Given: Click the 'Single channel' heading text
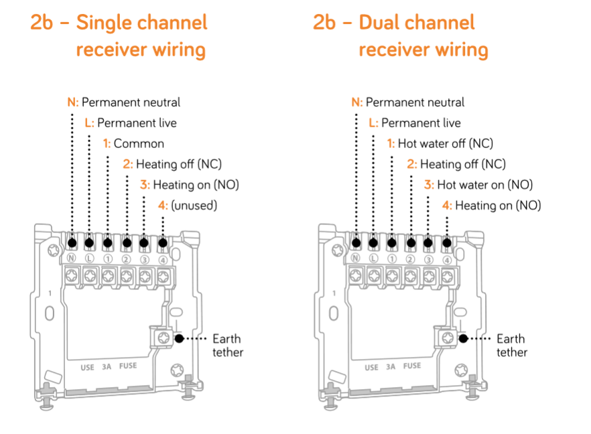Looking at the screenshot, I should pos(141,23).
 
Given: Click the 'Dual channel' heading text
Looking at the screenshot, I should pos(417,23).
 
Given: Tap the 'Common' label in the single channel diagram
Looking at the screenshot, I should pos(139,143).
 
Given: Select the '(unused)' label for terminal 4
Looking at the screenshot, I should pos(194,206).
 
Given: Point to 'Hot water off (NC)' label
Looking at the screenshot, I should pos(445,143).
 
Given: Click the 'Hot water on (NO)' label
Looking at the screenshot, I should pos(484,185).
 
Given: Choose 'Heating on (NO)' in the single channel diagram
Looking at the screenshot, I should pos(196,185).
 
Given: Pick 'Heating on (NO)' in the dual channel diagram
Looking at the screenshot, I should pos(498,206).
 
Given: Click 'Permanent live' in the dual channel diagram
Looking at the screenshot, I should pos(421,123).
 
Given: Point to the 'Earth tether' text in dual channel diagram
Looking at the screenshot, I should pos(511,346).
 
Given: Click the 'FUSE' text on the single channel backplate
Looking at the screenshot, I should pos(129,366).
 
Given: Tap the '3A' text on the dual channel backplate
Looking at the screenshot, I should pos(391,366).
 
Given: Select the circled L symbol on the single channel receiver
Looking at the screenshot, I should pos(89,259).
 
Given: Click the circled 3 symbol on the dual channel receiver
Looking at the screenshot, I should pos(428,259).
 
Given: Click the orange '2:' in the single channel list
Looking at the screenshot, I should pos(128,164).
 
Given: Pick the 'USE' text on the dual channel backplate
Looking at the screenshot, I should pos(371,367).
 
